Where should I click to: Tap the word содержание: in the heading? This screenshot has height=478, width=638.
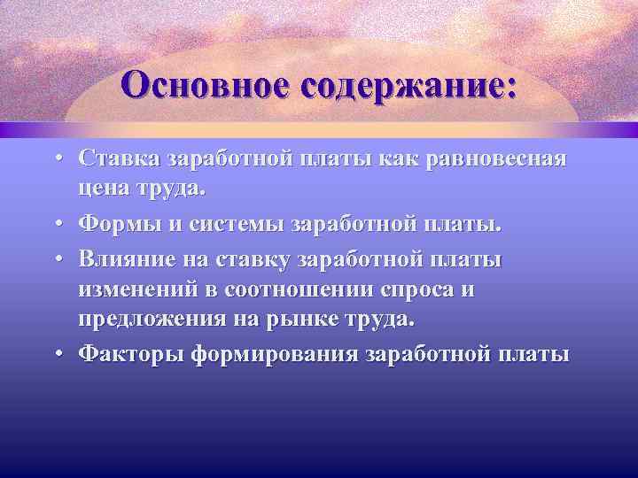409,86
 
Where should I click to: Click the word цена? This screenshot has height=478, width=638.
105,189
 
